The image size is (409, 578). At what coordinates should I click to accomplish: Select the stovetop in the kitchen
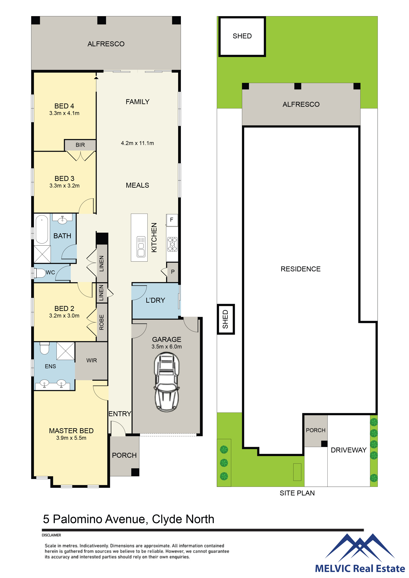tap(172, 244)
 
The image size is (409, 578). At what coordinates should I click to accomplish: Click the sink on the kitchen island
tap(141, 246)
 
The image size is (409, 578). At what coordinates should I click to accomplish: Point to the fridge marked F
tap(172, 220)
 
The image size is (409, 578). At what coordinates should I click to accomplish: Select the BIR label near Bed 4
tap(80, 145)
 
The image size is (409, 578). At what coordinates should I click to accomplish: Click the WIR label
tap(92, 361)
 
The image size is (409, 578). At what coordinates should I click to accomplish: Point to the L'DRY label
tap(155, 300)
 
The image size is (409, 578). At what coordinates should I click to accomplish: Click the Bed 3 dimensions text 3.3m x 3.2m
tap(64, 186)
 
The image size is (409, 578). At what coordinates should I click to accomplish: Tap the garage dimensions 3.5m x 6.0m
tap(167, 347)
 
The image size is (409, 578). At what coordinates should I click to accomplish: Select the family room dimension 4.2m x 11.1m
tap(137, 143)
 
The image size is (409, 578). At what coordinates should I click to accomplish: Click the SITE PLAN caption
tap(297, 493)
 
